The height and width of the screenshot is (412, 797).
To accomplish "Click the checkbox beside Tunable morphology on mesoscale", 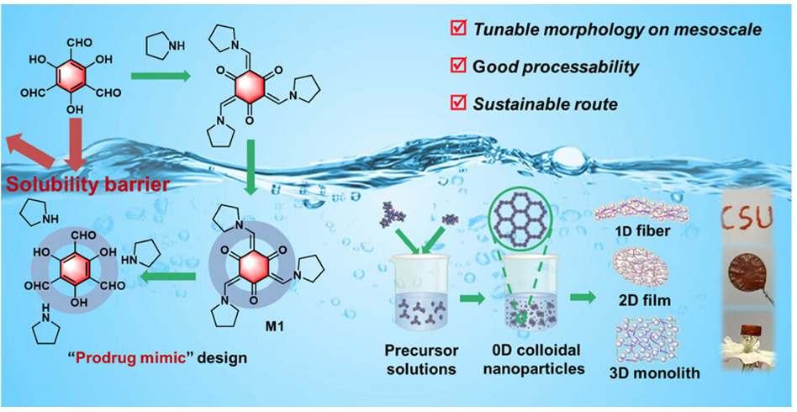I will [458, 29].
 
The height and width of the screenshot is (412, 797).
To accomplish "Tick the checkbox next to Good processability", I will [458, 66].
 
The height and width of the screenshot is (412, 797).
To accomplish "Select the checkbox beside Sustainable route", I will [458, 103].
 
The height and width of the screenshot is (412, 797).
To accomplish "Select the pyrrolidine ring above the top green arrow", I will [161, 45].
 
